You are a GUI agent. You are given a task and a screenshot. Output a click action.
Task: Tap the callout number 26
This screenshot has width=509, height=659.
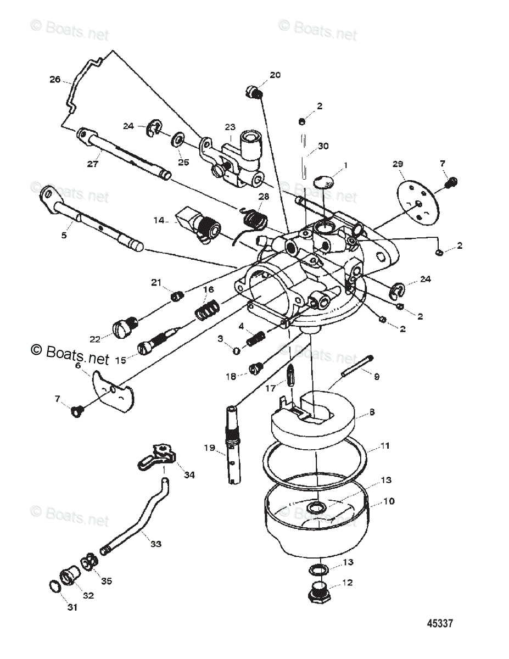click(x=54, y=79)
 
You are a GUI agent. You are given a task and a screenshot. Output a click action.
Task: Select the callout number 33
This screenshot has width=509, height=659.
click(x=156, y=544)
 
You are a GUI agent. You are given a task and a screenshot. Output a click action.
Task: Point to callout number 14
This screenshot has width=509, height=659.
click(x=159, y=220)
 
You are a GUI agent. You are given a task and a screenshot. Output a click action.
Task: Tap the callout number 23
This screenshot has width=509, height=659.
click(x=230, y=127)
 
